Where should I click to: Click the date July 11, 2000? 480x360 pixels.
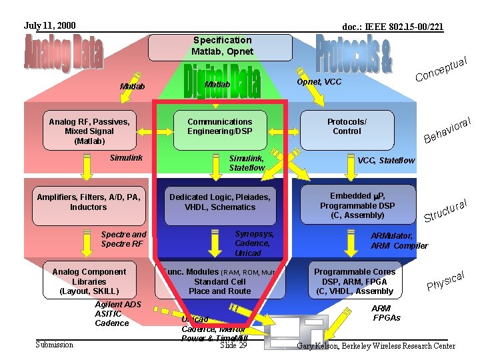point(50,26)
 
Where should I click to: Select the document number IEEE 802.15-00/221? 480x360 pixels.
point(393,27)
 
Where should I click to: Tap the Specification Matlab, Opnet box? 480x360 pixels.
point(221,47)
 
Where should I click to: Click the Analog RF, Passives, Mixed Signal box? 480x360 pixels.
point(89,131)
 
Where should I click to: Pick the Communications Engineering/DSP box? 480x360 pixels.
point(219,127)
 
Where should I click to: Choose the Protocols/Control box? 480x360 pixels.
point(347,127)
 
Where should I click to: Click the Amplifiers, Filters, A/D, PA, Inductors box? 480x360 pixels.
point(88,202)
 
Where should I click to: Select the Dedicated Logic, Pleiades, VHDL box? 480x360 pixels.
point(219,202)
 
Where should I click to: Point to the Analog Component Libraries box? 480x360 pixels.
point(89,281)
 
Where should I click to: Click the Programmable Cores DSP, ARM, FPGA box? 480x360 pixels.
point(355,281)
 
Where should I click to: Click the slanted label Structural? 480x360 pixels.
point(449,209)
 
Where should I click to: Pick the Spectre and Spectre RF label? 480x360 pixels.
point(123,239)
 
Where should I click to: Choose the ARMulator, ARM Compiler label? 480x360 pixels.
point(399,241)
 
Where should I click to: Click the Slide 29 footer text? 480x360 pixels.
point(233,345)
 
